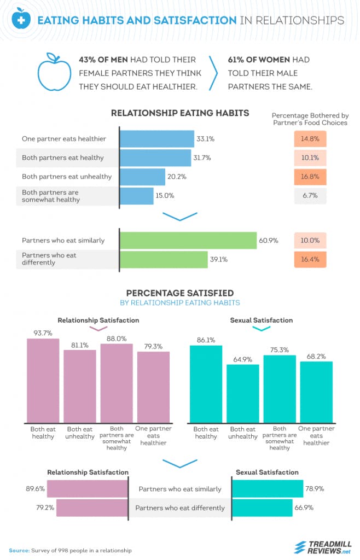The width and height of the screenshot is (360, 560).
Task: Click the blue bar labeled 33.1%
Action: point(157,139)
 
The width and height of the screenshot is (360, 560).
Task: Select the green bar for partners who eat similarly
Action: point(188,241)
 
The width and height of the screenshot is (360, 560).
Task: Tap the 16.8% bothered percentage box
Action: point(310,177)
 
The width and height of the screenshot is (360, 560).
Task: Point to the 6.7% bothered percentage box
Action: point(310,196)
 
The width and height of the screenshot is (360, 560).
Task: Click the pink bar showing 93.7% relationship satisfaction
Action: point(43,380)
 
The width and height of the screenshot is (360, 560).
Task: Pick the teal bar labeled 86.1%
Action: point(206,383)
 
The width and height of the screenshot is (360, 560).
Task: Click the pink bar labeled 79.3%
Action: point(153,387)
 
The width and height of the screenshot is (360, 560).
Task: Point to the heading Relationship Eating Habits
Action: point(180,113)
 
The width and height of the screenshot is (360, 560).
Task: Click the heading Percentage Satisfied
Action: point(180,293)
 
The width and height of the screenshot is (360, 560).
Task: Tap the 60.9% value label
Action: point(269,241)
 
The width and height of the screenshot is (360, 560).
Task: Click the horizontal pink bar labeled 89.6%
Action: point(88,488)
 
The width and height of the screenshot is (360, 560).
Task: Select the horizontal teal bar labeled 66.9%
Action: point(263,507)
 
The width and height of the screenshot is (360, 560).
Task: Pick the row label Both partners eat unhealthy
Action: point(67,177)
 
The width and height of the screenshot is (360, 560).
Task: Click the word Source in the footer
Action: point(19,550)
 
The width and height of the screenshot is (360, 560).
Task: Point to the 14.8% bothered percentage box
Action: point(310,139)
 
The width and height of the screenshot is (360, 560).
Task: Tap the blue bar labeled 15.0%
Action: point(137,196)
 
